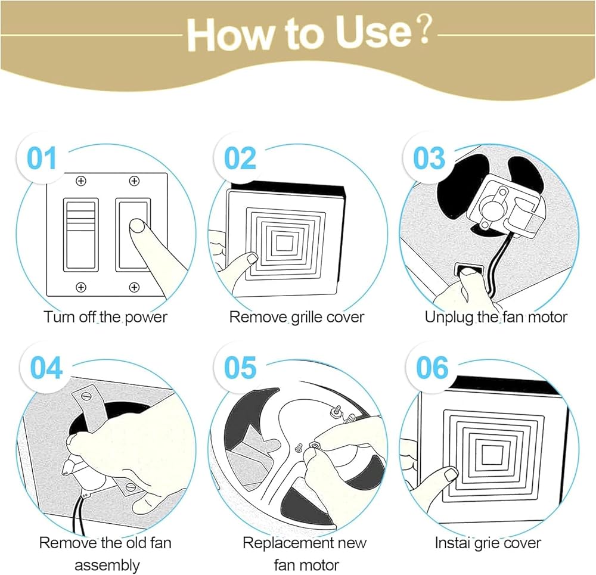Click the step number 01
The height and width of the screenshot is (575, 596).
pos(42,158)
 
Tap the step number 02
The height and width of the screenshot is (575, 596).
pos(240,158)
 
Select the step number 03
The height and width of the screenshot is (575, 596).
pos(429,158)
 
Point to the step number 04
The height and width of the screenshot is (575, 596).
pos(46,368)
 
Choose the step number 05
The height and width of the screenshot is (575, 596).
pos(240,368)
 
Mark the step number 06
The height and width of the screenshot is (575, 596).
pos(432,368)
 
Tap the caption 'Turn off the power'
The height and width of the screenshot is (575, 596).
pos(105,317)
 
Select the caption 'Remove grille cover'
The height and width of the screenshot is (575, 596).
pos(297,317)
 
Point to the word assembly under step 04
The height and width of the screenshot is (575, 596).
pos(107,565)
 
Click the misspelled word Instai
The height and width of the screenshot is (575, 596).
pos(452,543)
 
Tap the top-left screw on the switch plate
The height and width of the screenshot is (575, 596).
pos(80,181)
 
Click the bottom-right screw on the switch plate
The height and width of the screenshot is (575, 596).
pos(134,287)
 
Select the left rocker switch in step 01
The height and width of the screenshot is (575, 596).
pos(80,235)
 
